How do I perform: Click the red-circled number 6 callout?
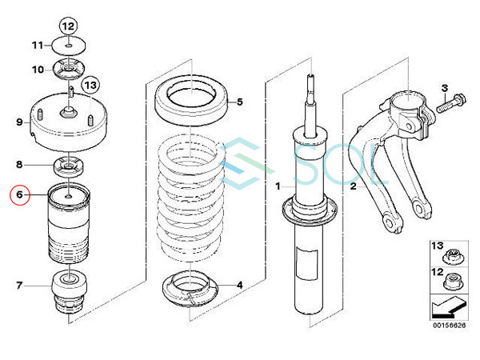(x=19, y=194)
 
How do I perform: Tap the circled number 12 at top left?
(x=68, y=26)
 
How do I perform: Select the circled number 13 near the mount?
(x=90, y=85)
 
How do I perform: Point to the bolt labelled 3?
(x=451, y=103)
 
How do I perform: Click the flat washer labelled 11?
(x=68, y=46)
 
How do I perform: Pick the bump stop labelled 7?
(x=69, y=292)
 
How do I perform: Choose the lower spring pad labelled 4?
(x=190, y=288)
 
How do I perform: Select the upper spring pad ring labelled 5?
(x=192, y=100)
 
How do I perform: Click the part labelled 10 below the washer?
(x=69, y=69)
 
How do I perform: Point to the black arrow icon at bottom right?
(x=449, y=308)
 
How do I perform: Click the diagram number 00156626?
(x=449, y=325)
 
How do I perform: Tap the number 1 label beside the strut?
(x=278, y=186)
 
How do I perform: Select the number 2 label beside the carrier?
(x=354, y=186)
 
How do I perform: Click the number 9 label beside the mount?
(x=19, y=122)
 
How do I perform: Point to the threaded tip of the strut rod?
(x=310, y=81)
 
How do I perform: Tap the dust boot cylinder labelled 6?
(x=69, y=222)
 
